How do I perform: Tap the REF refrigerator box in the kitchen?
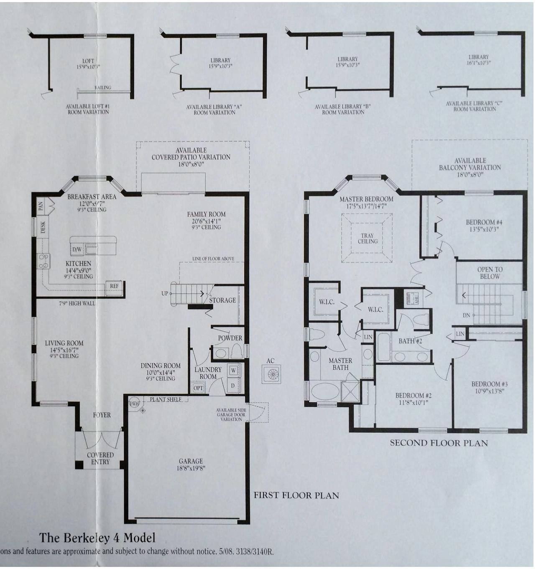pos(114,286)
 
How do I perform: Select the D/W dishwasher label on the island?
pos(77,250)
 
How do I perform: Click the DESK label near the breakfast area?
pos(43,228)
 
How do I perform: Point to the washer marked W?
pos(233,370)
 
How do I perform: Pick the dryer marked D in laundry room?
pos(233,385)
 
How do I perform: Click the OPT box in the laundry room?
pos(199,388)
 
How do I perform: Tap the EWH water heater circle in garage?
pos(134,404)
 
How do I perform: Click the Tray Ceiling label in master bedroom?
pos(368,238)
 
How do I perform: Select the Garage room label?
pos(191,461)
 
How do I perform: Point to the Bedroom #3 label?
pos(489,384)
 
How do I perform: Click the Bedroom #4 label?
pos(484,223)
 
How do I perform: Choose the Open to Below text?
pos(490,273)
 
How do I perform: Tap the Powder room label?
pos(230,338)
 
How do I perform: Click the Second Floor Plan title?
pos(439,443)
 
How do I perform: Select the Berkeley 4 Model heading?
pos(97,537)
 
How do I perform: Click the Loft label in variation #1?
pos(88,61)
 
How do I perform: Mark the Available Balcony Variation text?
pos(470,164)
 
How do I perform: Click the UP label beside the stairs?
pos(165,294)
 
